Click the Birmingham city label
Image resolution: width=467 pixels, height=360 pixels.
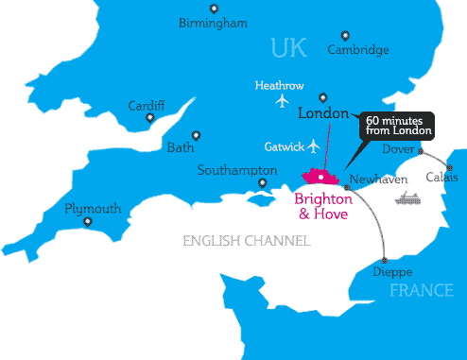click(213, 24)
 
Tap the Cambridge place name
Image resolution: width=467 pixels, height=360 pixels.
click(358, 50)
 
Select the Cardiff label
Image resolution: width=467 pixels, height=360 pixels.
click(147, 105)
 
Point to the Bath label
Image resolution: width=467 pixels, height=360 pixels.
click(179, 146)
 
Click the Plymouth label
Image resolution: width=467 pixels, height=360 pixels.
click(93, 208)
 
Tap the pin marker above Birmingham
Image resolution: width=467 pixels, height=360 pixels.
click(214, 9)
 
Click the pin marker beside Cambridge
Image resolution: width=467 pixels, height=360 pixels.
click(342, 34)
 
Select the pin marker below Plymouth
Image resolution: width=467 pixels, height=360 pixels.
click(87, 222)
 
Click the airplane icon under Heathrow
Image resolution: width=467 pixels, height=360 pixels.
click(281, 100)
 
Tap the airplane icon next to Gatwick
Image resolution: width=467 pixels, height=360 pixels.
click(314, 146)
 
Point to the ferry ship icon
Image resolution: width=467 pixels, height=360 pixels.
click(408, 197)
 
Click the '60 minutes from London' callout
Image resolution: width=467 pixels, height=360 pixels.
click(398, 125)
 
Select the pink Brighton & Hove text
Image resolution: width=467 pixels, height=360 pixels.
click(324, 206)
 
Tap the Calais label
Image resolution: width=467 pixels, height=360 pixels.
click(441, 177)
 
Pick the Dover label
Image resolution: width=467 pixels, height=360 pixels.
click(398, 149)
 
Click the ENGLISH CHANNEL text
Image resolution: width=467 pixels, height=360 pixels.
click(246, 241)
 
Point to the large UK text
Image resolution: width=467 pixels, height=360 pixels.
click(289, 47)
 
